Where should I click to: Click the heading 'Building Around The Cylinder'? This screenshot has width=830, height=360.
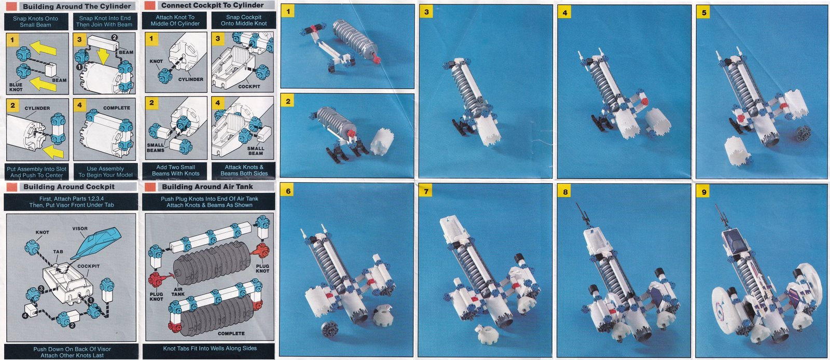click(x=77, y=6)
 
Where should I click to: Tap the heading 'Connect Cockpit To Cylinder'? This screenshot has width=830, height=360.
click(x=212, y=5)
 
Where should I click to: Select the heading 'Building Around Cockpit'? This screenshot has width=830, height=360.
click(x=69, y=187)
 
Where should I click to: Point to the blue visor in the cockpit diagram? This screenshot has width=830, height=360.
click(x=96, y=243)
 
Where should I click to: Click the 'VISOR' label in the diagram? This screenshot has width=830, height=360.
click(x=80, y=229)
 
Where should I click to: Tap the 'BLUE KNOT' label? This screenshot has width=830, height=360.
click(x=16, y=87)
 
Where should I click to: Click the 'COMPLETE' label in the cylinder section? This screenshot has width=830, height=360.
click(x=117, y=108)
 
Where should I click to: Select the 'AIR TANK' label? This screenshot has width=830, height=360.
click(x=178, y=292)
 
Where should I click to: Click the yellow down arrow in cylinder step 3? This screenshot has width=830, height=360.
click(x=104, y=57)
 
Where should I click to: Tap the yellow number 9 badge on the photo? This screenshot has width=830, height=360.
click(x=703, y=192)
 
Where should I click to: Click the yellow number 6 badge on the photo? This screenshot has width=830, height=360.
click(x=288, y=191)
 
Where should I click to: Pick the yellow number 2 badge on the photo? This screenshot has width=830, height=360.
click(x=288, y=102)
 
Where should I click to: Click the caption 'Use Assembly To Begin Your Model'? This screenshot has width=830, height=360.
click(x=105, y=172)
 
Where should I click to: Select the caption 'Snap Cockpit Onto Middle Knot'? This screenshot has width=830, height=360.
click(x=243, y=20)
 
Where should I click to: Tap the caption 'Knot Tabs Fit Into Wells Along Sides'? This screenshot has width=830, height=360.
click(x=210, y=348)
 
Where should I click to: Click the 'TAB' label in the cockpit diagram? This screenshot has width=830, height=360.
click(x=58, y=252)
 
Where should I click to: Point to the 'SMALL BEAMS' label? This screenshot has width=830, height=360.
click(x=155, y=148)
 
